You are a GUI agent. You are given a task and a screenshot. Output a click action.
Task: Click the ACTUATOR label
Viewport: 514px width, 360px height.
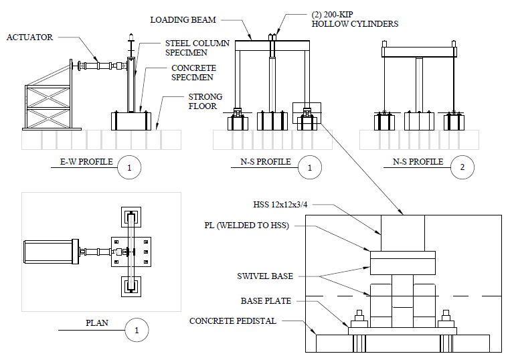(29, 37)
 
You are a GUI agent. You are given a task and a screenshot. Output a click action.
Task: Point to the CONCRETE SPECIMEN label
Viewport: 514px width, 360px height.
(193, 73)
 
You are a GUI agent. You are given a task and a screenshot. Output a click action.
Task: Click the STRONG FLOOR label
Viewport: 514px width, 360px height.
(204, 102)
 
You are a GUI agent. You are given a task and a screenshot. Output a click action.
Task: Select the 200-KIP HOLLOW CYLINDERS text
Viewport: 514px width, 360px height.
(355, 19)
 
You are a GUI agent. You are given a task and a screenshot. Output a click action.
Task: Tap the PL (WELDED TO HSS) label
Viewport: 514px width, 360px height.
(247, 226)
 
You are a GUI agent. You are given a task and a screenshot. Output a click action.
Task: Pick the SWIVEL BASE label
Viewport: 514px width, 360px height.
(266, 276)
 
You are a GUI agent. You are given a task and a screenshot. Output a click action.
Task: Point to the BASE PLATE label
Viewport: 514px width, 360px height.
(266, 301)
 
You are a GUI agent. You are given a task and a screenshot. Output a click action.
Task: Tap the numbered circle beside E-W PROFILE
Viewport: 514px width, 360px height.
(129, 168)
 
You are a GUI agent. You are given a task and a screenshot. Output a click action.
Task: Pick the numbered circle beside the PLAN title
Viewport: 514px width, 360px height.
(137, 330)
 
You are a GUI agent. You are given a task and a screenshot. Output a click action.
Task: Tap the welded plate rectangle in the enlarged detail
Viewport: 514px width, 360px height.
(403, 262)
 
